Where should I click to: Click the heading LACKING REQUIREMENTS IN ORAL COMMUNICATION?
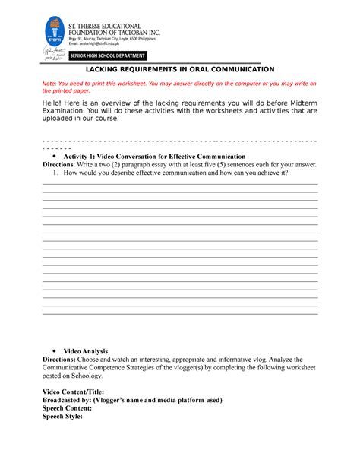tap(179, 68)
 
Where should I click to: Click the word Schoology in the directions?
tap(114, 376)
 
